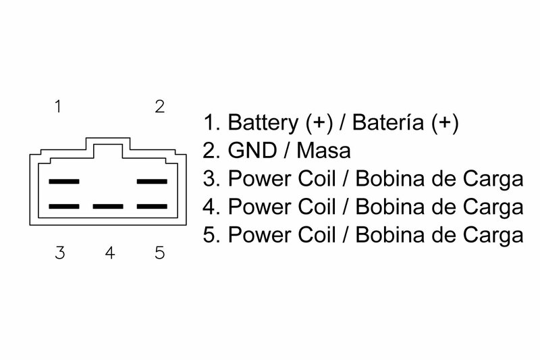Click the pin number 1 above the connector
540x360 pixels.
(x=59, y=107)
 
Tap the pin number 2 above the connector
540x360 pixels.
(x=159, y=107)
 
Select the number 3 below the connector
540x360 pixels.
(x=60, y=254)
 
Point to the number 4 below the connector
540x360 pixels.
(x=110, y=254)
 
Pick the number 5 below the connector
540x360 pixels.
(x=160, y=254)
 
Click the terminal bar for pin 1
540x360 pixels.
(x=65, y=182)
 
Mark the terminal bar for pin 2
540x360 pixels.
(x=152, y=182)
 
